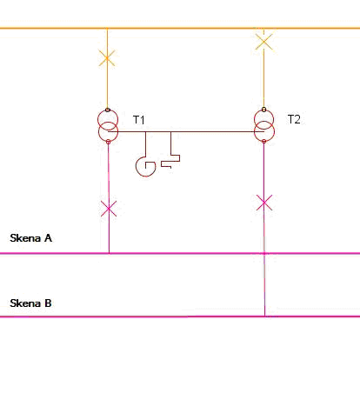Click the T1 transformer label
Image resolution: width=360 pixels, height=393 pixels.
click(x=138, y=120)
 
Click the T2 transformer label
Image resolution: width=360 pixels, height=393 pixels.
click(x=294, y=119)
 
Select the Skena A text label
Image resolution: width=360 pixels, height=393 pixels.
click(x=30, y=238)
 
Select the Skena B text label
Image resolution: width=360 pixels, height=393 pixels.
click(x=30, y=303)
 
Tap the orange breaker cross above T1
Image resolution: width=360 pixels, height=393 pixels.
click(x=107, y=58)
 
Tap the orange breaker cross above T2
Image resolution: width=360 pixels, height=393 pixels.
click(x=263, y=42)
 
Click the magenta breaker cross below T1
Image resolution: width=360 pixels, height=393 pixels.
click(x=109, y=209)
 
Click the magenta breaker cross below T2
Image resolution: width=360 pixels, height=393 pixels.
click(x=264, y=203)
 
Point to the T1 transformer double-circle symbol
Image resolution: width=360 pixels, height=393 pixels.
click(x=108, y=126)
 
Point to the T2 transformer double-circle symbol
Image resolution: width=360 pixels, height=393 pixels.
click(x=263, y=125)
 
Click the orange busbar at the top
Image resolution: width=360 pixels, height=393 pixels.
click(x=180, y=29)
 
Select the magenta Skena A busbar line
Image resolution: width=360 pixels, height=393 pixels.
click(x=180, y=253)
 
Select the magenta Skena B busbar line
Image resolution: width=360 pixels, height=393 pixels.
click(x=180, y=316)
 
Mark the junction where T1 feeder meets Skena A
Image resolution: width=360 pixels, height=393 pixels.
click(x=109, y=253)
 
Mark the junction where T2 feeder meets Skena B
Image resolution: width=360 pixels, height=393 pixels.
click(x=264, y=316)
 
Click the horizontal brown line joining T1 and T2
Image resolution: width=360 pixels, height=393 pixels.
click(x=186, y=131)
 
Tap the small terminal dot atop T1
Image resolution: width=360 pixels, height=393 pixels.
click(x=108, y=110)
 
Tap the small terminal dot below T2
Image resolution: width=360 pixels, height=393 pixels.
click(x=263, y=141)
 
